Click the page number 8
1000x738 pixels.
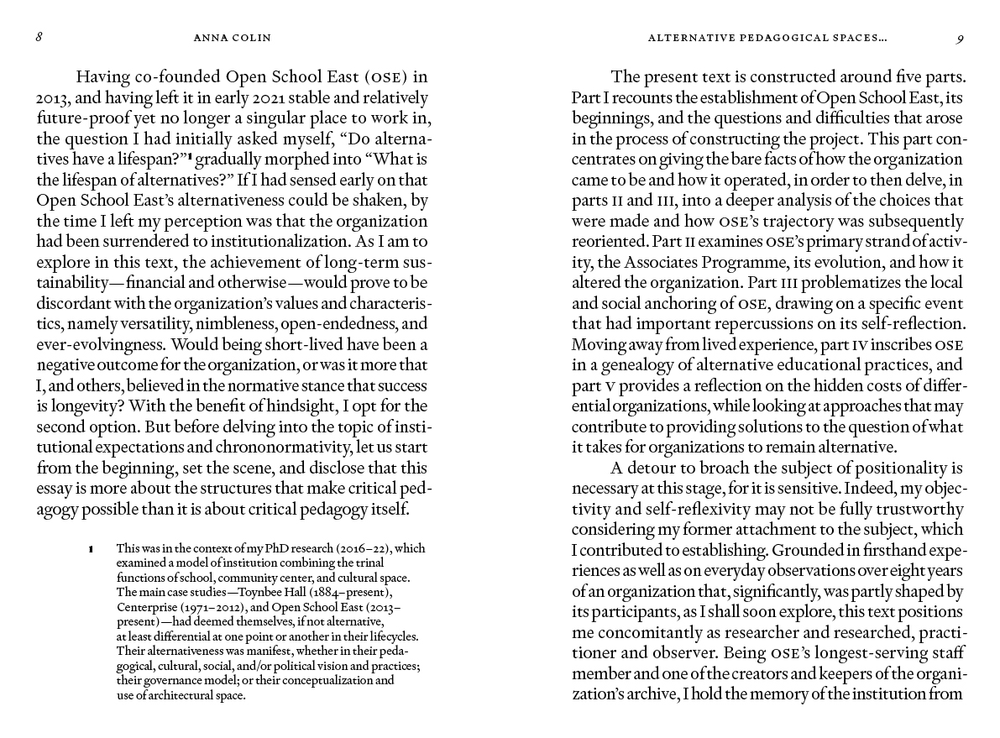(x=39, y=38)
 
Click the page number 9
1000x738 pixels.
(x=960, y=38)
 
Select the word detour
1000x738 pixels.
(x=652, y=468)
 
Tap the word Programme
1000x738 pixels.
(x=757, y=262)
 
